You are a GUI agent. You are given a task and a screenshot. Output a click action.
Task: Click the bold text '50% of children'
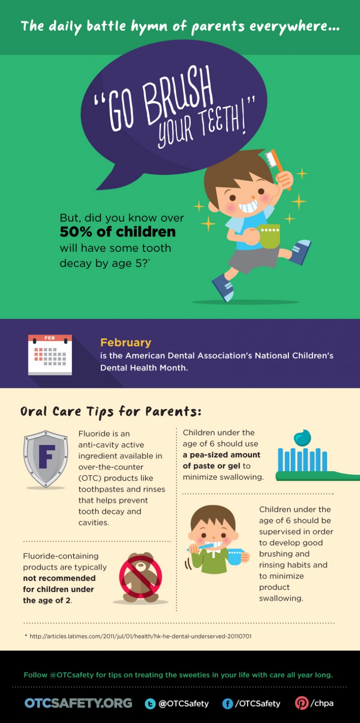pyautogui.click(x=117, y=232)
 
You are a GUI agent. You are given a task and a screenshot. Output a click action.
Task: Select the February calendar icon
pyautogui.click(x=49, y=355)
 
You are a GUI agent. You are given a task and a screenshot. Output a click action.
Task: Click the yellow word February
pyautogui.click(x=126, y=342)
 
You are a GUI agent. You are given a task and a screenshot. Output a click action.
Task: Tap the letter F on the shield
pyautogui.click(x=47, y=457)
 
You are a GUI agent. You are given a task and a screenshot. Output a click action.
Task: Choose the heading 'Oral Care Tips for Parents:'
pyautogui.click(x=111, y=411)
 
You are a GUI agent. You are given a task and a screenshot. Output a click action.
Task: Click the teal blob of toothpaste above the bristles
pyautogui.click(x=302, y=437)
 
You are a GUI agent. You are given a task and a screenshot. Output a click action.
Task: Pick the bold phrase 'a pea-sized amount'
pyautogui.click(x=221, y=455)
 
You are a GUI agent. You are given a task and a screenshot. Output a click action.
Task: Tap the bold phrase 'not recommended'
pyautogui.click(x=59, y=578)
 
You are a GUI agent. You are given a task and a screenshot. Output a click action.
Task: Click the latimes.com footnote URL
pyautogui.click(x=140, y=636)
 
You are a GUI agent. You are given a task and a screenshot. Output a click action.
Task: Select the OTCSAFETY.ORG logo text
pyautogui.click(x=78, y=703)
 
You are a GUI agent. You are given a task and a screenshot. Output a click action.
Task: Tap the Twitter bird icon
pyautogui.click(x=150, y=704)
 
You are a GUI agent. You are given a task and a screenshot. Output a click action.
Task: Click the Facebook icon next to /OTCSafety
pyautogui.click(x=228, y=704)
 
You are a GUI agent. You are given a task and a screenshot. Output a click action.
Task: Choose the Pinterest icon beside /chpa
pyautogui.click(x=301, y=703)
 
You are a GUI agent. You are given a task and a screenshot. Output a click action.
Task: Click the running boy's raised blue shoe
pyautogui.click(x=301, y=251)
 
